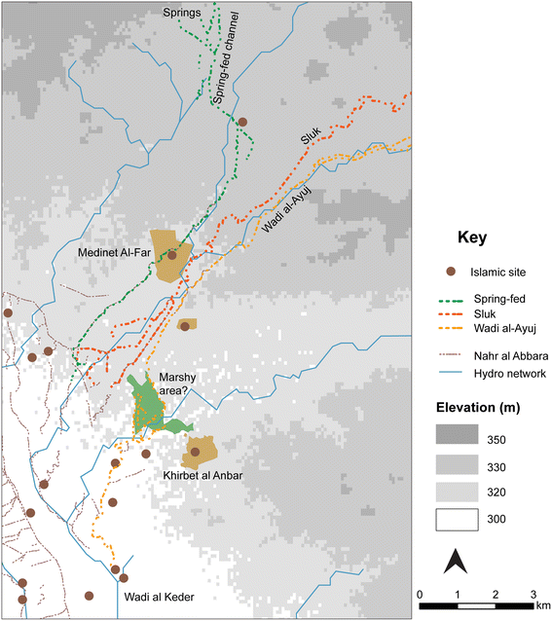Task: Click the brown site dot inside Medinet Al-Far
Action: click(x=172, y=255)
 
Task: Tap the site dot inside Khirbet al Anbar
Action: click(x=196, y=452)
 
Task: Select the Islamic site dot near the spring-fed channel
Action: click(x=242, y=122)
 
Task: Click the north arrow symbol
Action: click(x=454, y=562)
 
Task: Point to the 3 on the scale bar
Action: click(x=533, y=594)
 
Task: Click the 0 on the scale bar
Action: click(x=419, y=594)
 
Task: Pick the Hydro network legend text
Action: click(x=509, y=374)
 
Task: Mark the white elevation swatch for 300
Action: click(x=456, y=520)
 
